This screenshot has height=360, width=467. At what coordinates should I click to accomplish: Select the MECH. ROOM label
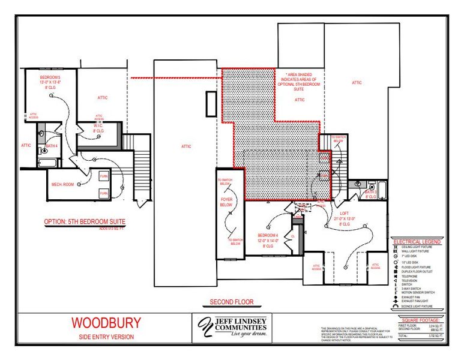62,185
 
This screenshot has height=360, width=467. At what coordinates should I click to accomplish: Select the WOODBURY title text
106,323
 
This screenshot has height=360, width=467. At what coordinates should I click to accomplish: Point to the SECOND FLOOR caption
232,302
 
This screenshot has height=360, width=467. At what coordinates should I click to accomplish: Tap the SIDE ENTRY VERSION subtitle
106,337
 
